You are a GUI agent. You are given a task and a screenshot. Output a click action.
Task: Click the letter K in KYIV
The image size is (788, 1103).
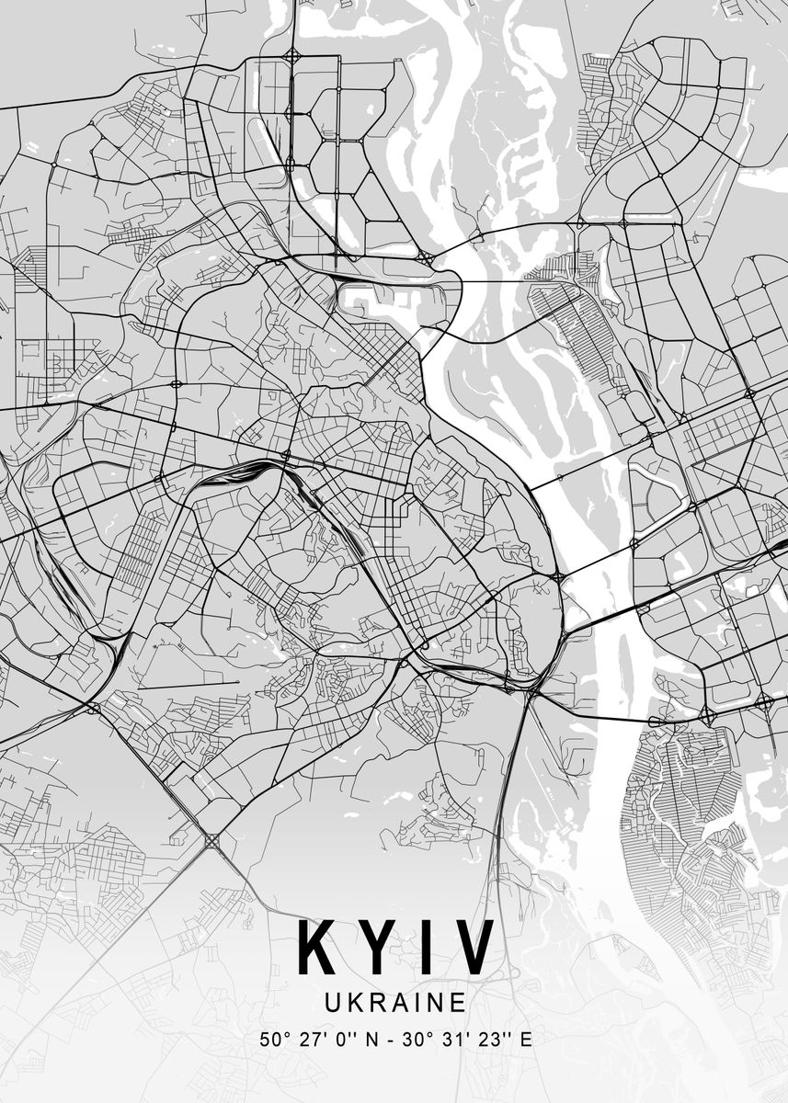[x=317, y=948]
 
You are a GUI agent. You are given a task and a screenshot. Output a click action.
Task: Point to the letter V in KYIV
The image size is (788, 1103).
[x=473, y=948]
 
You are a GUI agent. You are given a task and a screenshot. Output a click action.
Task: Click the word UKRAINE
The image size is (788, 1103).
[x=395, y=1001]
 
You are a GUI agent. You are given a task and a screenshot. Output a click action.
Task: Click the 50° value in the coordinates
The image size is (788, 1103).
[x=273, y=1040]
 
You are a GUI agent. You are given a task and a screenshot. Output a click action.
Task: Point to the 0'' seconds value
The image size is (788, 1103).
[x=345, y=1040]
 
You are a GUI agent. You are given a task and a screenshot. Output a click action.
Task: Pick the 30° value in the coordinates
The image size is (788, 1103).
[x=414, y=1040]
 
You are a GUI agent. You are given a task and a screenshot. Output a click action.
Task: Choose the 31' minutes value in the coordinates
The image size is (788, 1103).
[x=451, y=1040]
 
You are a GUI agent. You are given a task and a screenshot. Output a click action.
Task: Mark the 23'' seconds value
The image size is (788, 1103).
[x=488, y=1040]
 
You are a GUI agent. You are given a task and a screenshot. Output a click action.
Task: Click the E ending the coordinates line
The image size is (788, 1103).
[x=526, y=1040]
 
